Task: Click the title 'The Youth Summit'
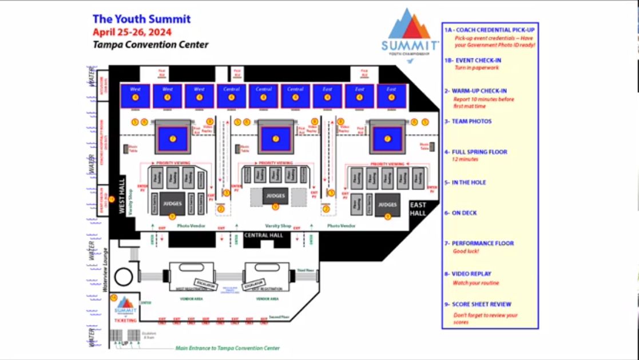click(141, 19)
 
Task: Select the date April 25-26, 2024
click(132, 32)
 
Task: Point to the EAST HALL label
click(418, 209)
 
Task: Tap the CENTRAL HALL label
click(264, 235)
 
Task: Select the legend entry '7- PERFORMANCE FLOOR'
click(479, 243)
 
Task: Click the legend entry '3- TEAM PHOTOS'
click(468, 121)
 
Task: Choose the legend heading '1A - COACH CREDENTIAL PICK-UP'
click(489, 30)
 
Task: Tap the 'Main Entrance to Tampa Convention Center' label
click(227, 347)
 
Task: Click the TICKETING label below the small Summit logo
click(125, 321)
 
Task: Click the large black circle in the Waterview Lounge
click(124, 277)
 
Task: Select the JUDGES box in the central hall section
click(275, 195)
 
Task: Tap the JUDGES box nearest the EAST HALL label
click(387, 204)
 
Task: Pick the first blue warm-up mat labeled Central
click(232, 96)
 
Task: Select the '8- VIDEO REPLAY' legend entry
click(467, 274)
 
